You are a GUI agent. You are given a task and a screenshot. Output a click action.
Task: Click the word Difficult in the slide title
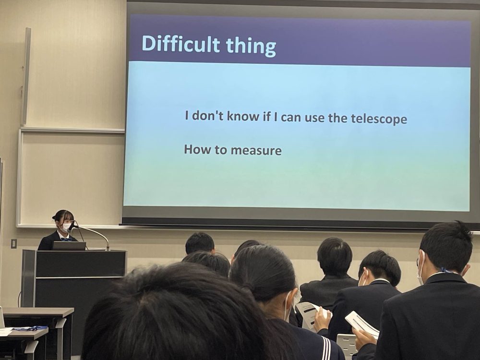click(180, 44)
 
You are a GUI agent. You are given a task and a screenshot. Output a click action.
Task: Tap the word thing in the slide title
click(251, 46)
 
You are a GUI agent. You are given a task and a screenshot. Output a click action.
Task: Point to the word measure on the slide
click(256, 150)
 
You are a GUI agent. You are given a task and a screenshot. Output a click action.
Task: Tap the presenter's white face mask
click(66, 228)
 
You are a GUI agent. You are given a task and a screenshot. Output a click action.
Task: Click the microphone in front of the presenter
click(72, 226)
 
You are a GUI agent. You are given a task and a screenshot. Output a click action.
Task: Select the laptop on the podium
click(69, 246)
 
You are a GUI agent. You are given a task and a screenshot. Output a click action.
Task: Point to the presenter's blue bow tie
click(65, 239)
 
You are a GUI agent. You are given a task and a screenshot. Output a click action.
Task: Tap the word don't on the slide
click(208, 116)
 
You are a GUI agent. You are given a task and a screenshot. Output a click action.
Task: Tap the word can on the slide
click(291, 118)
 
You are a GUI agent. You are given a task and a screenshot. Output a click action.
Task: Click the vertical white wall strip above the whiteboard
click(26, 76)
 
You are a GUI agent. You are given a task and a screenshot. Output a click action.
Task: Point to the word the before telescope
click(337, 118)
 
